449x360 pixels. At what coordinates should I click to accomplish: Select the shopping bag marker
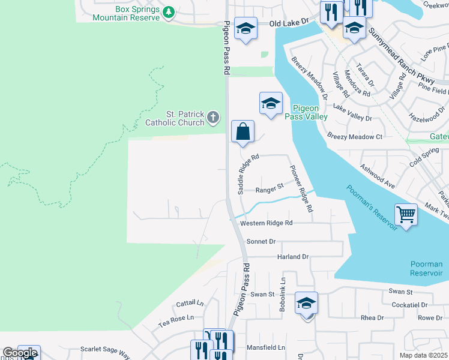tap(243, 131)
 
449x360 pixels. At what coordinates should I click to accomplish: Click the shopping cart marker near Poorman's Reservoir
tap(406, 214)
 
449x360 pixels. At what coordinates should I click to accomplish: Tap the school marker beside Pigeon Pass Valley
tap(271, 103)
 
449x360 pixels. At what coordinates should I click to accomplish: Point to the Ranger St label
tap(270, 189)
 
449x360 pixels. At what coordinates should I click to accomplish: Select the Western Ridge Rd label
tap(266, 223)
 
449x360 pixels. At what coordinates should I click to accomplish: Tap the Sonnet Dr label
tap(261, 241)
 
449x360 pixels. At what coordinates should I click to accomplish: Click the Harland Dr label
tap(292, 257)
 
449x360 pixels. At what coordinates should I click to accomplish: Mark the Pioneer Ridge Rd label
tap(301, 189)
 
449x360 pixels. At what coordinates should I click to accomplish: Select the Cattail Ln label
tap(190, 304)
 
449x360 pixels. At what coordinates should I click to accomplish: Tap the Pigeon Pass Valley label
tap(310, 112)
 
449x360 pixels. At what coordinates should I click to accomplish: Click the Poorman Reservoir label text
tap(426, 268)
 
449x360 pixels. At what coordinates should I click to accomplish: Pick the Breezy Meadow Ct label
tap(355, 137)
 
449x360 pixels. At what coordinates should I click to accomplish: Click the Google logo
tap(19, 352)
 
